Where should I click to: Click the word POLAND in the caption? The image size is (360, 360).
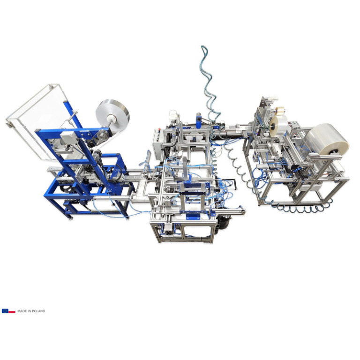coord(38,311)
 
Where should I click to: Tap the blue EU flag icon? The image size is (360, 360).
coord(5,311)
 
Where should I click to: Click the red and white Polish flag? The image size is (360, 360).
coord(12,311)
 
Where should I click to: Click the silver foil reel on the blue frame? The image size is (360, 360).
coord(112,115)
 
